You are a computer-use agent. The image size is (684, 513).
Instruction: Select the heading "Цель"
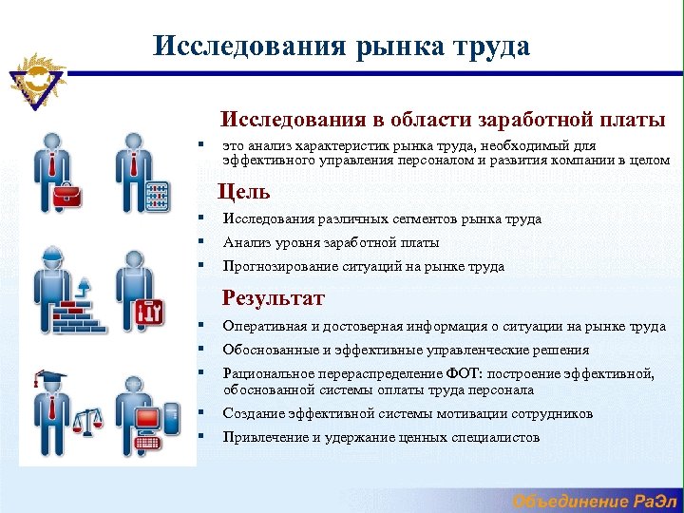pyautogui.click(x=243, y=191)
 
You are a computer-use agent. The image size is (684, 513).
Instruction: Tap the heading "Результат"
pyautogui.click(x=273, y=298)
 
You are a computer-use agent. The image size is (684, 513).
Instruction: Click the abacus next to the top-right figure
pyautogui.click(x=158, y=198)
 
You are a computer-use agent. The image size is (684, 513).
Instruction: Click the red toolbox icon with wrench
pyautogui.click(x=151, y=311)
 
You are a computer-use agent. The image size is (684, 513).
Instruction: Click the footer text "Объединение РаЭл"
pyautogui.click(x=594, y=501)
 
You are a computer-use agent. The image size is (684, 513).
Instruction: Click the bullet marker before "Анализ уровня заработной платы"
pyautogui.click(x=202, y=242)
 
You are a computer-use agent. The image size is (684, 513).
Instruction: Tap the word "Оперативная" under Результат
pyautogui.click(x=265, y=327)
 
